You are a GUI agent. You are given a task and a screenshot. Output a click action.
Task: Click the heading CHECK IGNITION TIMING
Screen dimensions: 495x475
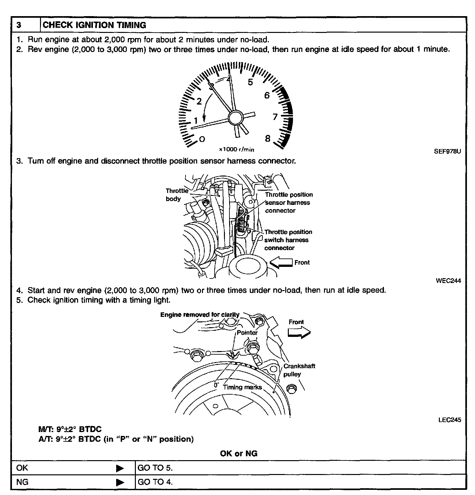94,25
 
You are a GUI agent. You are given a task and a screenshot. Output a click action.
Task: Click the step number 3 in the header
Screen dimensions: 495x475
19,25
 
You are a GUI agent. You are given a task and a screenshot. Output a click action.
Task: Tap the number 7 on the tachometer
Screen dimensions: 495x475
275,117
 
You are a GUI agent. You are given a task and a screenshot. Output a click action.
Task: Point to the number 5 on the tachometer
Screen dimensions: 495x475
250,82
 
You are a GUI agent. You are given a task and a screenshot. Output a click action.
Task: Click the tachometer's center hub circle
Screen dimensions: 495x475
235,117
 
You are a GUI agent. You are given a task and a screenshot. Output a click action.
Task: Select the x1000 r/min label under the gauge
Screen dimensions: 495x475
237,149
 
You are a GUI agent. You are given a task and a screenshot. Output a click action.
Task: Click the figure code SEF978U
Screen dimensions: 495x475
447,151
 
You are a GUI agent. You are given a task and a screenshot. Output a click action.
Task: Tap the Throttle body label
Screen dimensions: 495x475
177,195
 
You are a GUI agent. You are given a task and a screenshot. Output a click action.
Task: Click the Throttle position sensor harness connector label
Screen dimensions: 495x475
288,203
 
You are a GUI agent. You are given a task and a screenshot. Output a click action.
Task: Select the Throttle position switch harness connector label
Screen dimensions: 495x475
288,240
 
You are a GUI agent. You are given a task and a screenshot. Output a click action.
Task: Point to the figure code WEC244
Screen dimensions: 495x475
448,280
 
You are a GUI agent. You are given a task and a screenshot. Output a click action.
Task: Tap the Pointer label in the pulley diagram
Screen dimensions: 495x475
247,333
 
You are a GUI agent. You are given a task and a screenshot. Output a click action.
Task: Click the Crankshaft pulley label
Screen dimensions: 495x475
299,370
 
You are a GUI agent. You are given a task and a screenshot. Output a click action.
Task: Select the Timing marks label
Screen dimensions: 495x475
242,387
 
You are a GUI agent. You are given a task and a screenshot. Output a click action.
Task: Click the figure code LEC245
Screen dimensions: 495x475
450,420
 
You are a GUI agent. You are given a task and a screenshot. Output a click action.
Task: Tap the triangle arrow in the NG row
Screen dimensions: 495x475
120,482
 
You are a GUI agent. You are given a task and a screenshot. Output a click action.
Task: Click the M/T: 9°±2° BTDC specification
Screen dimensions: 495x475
70,429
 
